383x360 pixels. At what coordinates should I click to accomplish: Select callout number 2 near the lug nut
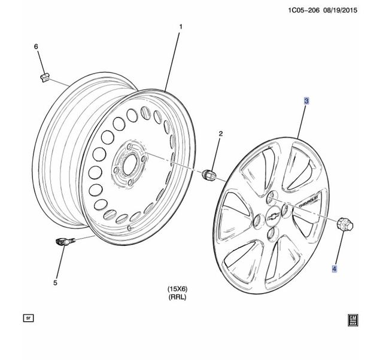(x=220, y=133)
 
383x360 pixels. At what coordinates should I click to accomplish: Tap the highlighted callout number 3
(x=306, y=102)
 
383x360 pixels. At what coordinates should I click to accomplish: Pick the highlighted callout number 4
(x=335, y=269)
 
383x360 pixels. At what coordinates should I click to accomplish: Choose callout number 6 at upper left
(x=35, y=47)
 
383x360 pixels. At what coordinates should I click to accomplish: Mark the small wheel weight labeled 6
(x=44, y=77)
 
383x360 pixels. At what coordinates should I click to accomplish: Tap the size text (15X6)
(x=178, y=289)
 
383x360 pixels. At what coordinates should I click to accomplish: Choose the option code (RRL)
(x=178, y=297)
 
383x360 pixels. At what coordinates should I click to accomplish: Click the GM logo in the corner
(x=353, y=319)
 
